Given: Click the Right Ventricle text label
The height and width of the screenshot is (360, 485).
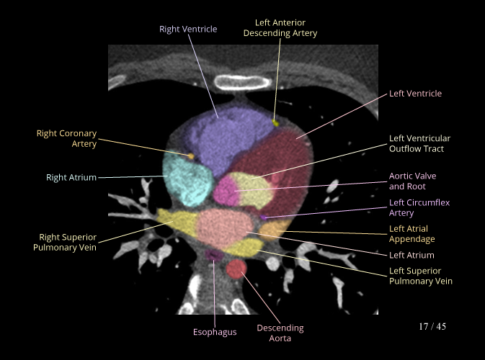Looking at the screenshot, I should click(188, 29).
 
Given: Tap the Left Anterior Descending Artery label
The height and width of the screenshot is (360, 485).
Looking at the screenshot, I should click(280, 28).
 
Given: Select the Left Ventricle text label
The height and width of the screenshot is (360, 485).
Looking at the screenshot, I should click(415, 94).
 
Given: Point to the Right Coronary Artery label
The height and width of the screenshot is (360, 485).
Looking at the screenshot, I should click(66, 139).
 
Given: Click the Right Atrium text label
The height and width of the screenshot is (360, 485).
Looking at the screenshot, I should click(71, 177).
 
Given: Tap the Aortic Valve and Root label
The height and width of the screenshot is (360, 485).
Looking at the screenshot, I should click(412, 181).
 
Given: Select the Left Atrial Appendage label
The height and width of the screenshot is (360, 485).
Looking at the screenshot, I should click(412, 234).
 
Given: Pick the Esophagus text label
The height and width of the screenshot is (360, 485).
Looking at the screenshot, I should click(215, 332).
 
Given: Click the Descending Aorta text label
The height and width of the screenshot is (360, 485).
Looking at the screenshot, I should click(280, 333).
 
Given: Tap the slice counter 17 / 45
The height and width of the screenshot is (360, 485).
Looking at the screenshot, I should click(432, 327).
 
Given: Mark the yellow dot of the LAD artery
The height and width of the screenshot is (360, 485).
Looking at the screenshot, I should click(275, 123).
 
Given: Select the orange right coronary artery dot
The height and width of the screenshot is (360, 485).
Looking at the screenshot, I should click(191, 155).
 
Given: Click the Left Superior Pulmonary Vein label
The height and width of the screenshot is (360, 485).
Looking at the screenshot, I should click(421, 276).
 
